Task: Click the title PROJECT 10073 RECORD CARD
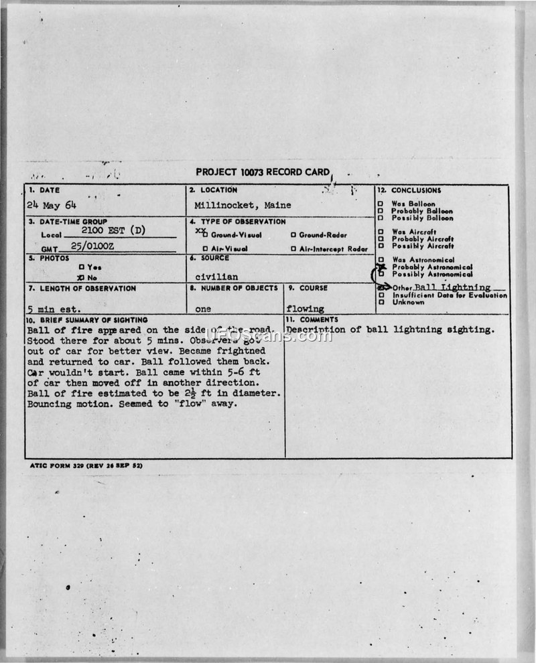click(x=263, y=172)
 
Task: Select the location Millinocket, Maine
click(x=243, y=205)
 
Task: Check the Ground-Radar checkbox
click(x=293, y=235)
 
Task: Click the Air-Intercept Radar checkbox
click(x=293, y=249)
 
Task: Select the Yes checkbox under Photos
click(x=81, y=267)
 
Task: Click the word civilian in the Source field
click(x=216, y=276)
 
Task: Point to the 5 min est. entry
click(x=54, y=309)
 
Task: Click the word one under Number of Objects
click(x=202, y=309)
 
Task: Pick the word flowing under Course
click(x=305, y=309)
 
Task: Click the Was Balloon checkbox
click(x=381, y=204)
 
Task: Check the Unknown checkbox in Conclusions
click(x=381, y=302)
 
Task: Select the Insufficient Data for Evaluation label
click(x=450, y=295)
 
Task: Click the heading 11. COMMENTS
click(x=312, y=320)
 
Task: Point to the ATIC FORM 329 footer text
click(x=86, y=465)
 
